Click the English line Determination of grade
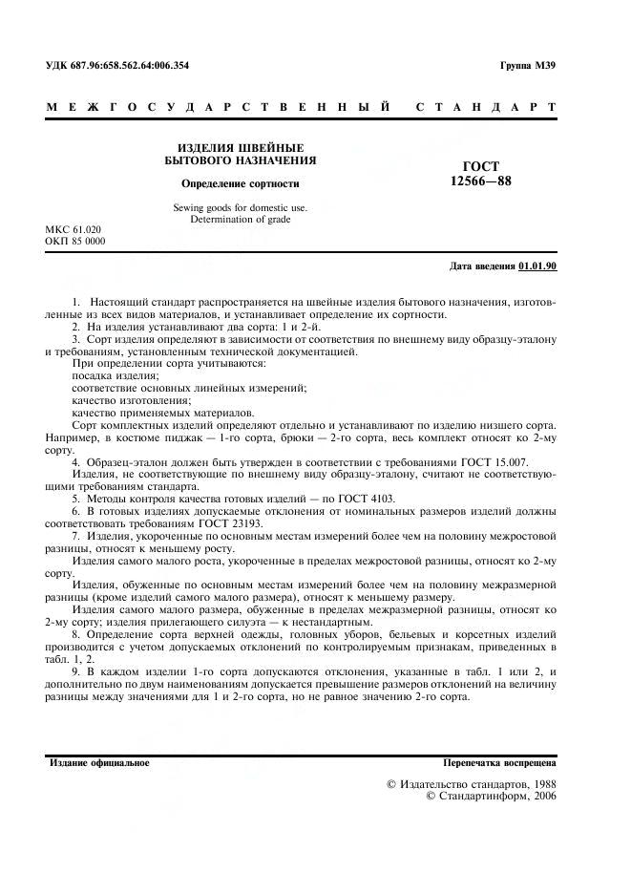pos(240,220)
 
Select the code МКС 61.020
pos(73,230)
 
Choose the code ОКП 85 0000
pos(75,242)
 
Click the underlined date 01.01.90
pos(537,266)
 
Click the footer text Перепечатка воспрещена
pos(500,763)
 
